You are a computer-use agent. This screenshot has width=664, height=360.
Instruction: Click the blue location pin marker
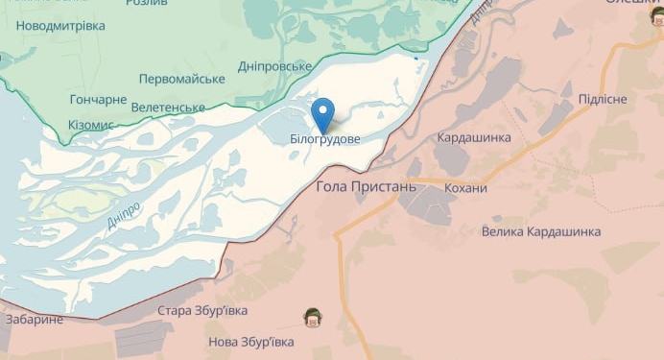323,114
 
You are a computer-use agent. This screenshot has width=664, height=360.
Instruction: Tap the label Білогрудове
325,140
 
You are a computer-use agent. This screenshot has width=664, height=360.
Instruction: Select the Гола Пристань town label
367,186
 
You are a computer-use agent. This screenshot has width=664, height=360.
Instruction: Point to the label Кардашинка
474,138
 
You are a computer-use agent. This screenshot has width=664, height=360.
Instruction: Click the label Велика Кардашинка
541,231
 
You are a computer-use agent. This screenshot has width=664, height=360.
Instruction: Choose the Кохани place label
466,188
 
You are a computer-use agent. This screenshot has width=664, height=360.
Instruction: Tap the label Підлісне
603,100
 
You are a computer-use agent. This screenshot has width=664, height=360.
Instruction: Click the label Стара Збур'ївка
202,311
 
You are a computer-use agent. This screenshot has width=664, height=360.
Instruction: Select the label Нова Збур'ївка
251,342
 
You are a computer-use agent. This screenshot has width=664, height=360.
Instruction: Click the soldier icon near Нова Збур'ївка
312,316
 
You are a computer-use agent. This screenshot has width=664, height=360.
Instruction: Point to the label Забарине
35,319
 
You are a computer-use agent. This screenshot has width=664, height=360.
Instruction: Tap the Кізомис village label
91,125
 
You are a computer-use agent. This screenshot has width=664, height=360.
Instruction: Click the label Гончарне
98,99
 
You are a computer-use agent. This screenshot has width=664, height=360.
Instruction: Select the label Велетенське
168,107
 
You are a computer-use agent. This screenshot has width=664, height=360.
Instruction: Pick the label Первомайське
181,78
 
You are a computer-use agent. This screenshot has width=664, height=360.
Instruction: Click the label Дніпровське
274,66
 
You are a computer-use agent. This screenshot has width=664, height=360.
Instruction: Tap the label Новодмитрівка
61,25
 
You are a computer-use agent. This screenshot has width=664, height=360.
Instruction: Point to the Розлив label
147,3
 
